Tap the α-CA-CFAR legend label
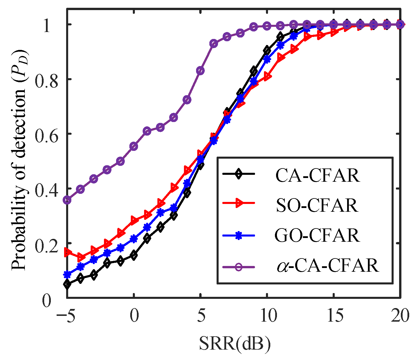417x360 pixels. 327,266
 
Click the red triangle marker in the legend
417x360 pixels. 239,203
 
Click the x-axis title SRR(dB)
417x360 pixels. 234,344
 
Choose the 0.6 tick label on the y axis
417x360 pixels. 45,134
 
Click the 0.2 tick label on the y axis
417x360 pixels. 45,243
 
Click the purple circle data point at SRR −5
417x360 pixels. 67,200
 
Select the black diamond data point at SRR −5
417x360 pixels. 67,284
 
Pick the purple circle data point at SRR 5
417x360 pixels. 200,70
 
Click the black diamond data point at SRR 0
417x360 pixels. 134,255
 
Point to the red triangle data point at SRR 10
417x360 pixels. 267,77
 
